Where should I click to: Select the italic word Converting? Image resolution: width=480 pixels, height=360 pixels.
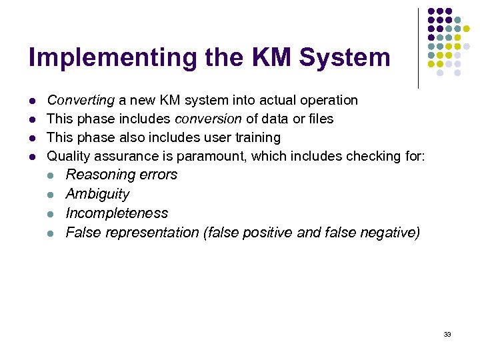[x=81, y=100]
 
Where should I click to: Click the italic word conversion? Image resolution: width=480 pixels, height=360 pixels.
[x=208, y=119]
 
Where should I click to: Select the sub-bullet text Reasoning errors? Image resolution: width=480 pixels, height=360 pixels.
[x=121, y=175]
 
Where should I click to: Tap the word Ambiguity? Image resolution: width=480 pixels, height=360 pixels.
[x=97, y=194]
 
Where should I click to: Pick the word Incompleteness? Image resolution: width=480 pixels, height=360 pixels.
[x=117, y=213]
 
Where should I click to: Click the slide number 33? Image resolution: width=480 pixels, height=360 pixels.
[x=447, y=334]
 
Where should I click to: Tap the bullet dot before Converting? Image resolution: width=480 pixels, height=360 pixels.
[x=31, y=101]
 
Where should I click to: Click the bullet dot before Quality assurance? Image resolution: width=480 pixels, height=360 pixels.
[x=31, y=157]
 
